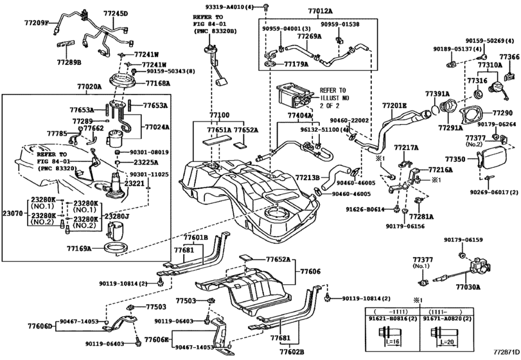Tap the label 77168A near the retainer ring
tap(157, 83)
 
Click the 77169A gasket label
tap(79, 247)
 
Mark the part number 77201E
tap(394, 105)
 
